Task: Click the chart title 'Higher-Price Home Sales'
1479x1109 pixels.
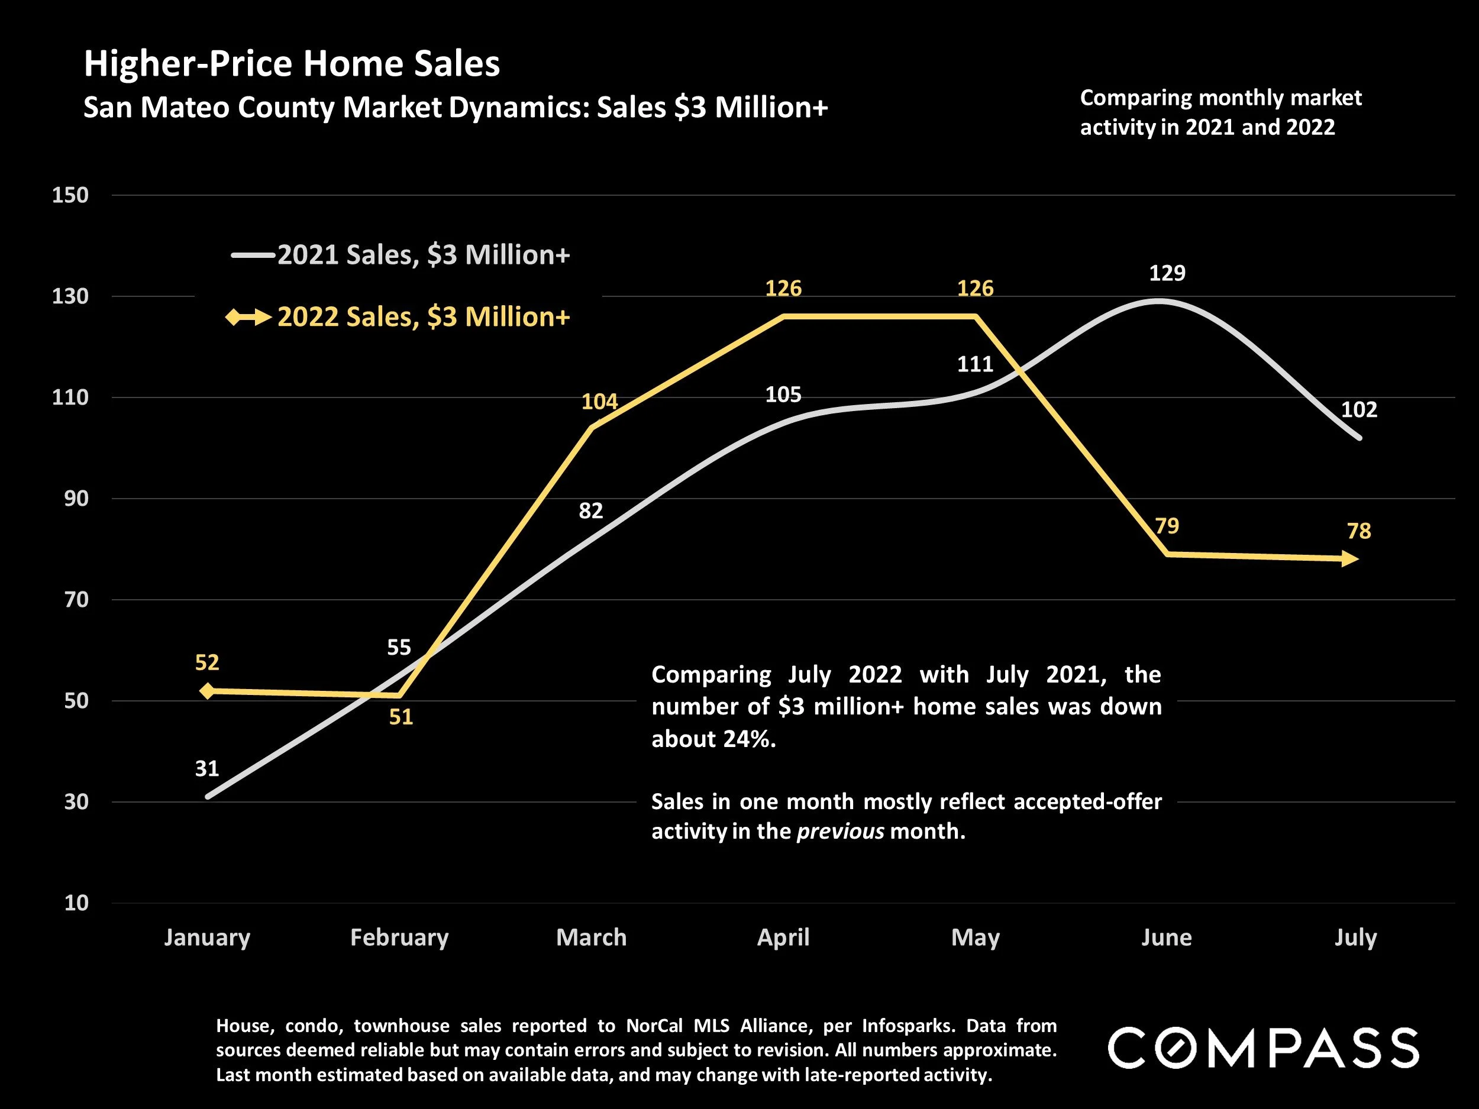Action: coord(292,64)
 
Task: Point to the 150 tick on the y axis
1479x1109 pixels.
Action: coord(70,195)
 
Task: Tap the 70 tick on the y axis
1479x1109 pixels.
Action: coord(76,600)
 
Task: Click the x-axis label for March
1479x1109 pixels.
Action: coord(591,937)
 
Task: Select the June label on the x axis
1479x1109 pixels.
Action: coord(1166,937)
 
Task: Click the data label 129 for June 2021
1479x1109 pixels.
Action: coord(1167,273)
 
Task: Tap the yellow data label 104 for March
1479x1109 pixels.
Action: coord(599,401)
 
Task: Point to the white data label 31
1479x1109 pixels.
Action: coord(206,769)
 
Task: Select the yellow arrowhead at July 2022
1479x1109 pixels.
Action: coord(1351,559)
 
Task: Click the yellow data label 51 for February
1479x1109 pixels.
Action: coord(401,717)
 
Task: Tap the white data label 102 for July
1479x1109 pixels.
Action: coord(1359,409)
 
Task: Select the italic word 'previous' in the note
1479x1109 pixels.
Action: coord(841,831)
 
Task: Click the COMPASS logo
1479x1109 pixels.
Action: coord(1263,1048)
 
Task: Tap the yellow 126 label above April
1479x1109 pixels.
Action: coord(783,288)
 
